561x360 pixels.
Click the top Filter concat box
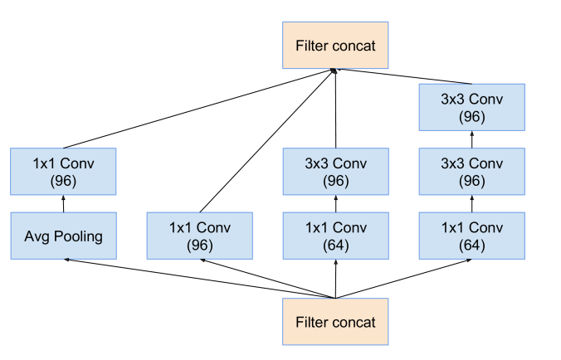pos(336,46)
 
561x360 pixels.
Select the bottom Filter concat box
pos(336,322)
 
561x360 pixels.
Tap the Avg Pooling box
pos(64,236)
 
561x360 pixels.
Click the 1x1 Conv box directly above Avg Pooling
pos(64,172)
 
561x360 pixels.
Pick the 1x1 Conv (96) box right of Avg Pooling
pos(200,236)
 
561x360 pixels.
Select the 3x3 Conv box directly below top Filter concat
pos(336,172)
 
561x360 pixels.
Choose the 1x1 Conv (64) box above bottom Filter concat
pos(336,236)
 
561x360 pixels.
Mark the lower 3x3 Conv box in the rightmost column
pos(471,172)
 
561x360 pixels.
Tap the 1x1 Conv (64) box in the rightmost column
pos(471,236)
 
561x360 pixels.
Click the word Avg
pos(37,237)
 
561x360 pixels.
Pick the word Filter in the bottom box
pos(312,322)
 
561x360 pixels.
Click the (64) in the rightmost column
pos(471,246)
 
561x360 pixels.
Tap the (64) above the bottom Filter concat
pos(336,246)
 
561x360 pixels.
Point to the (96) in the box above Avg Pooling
pos(64,181)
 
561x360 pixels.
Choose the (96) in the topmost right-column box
pos(471,117)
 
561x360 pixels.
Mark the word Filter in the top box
pos(312,46)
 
